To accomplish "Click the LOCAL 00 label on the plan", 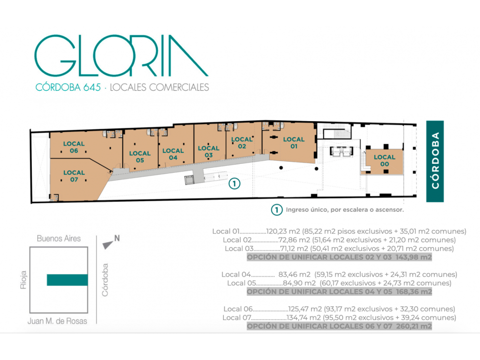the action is pos(384,160).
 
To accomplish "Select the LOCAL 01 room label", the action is pos(294,143).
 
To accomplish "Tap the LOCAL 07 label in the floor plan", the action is pos(74,176).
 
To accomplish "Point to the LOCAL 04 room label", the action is pos(173,154).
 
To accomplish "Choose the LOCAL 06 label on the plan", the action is pos(74,147).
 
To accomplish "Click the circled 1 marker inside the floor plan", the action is pos(234,183).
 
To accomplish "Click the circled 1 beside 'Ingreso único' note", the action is pos(277,210).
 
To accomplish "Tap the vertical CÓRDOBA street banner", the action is pos(435,161).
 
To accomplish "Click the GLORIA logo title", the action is pos(121,55).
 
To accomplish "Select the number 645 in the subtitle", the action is pos(92,87).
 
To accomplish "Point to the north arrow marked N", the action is pos(111,242).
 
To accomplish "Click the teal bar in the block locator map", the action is pos(67,280).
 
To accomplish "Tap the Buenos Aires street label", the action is pos(59,238).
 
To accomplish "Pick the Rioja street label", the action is pos(23,280).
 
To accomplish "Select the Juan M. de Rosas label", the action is pos(57,321).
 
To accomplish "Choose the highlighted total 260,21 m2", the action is pos(414,326).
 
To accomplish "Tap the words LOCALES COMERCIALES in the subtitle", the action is pos(159,87).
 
